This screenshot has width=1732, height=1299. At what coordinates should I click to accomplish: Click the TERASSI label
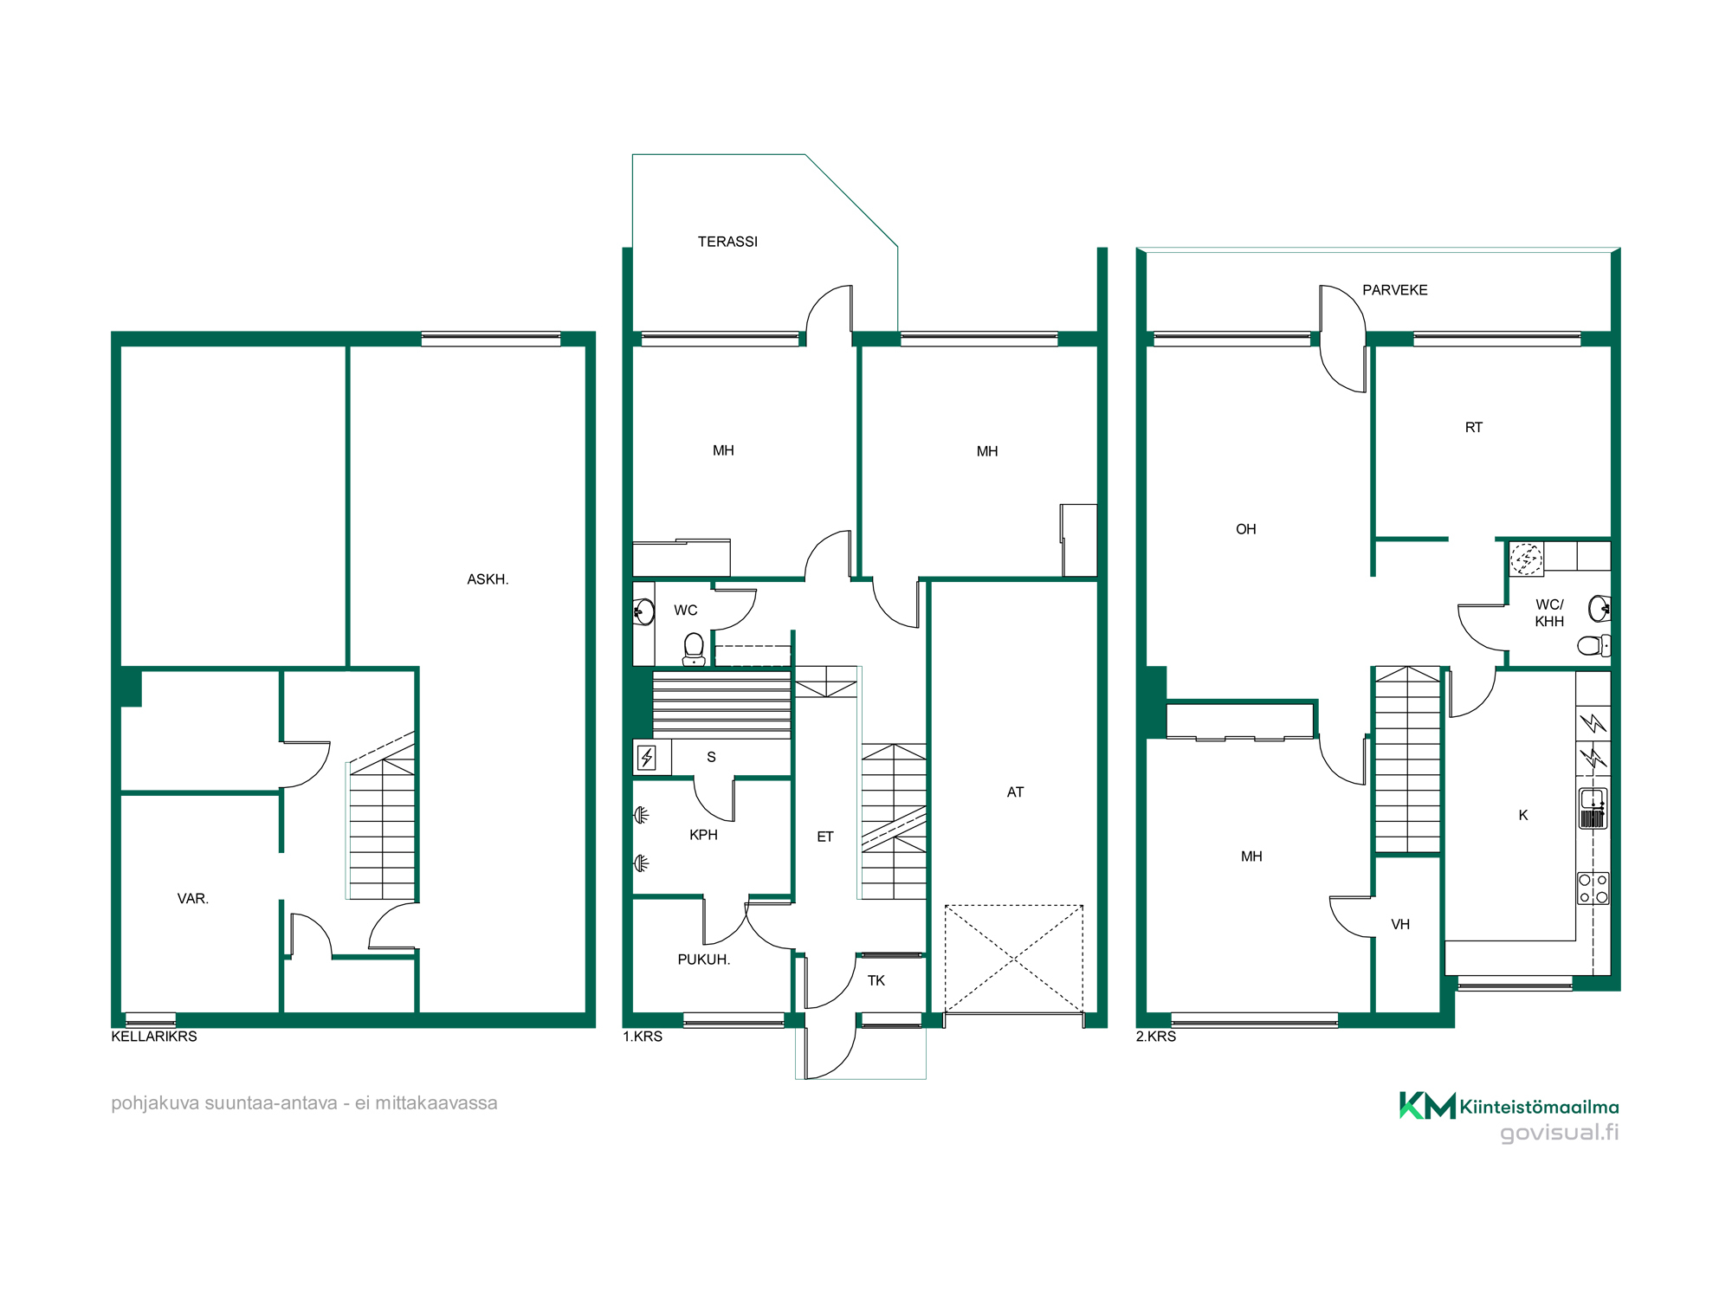(x=727, y=242)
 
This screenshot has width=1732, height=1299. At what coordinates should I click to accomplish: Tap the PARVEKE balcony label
(x=1394, y=290)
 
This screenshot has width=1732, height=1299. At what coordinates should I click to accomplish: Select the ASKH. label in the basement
(x=488, y=579)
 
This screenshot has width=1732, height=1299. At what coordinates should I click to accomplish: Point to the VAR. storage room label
(x=192, y=899)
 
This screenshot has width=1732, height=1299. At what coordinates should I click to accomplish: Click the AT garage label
(x=1015, y=792)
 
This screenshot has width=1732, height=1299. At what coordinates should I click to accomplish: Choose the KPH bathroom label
(x=703, y=835)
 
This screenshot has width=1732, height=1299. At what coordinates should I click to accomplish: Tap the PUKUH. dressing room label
(x=704, y=960)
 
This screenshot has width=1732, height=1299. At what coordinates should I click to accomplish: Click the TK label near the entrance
(x=876, y=981)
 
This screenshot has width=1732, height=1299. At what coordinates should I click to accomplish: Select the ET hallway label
(x=825, y=837)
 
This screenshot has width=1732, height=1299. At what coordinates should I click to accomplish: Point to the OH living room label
(x=1245, y=529)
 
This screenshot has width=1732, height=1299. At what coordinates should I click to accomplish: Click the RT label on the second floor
(x=1473, y=428)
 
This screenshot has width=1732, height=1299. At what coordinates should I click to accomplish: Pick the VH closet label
(x=1400, y=925)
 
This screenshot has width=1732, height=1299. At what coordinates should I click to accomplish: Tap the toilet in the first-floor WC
(x=694, y=649)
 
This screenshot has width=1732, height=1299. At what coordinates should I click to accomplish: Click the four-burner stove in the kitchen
(x=1593, y=888)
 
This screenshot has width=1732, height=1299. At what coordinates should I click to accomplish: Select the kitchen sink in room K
(x=1593, y=808)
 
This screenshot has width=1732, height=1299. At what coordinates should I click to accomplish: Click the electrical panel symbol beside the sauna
(x=647, y=758)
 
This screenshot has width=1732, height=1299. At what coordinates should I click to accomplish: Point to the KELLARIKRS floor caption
(x=154, y=1037)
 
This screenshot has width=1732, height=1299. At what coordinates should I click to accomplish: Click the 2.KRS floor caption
(x=1156, y=1037)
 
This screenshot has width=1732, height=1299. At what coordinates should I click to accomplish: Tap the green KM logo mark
(x=1427, y=1106)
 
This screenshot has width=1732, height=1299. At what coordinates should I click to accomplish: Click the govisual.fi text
(x=1560, y=1133)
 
